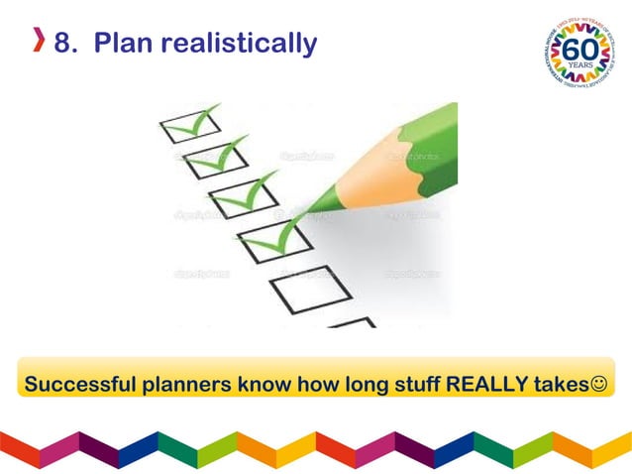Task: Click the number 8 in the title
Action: pyautogui.click(x=64, y=45)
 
